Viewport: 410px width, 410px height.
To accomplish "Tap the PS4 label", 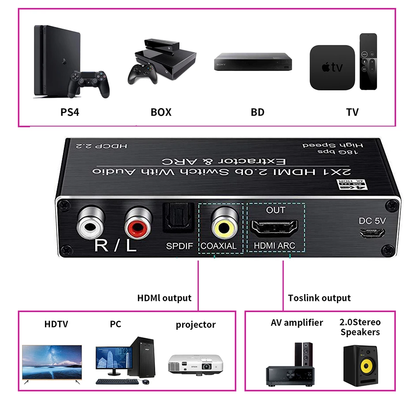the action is pyautogui.click(x=70, y=112).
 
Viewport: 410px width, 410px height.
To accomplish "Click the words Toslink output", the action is pyautogui.click(x=319, y=298).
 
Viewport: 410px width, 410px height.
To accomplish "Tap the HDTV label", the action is pyautogui.click(x=56, y=324).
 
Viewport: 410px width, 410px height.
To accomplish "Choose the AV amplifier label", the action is pyautogui.click(x=296, y=322).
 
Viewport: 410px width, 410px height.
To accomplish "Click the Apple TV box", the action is pyautogui.click(x=332, y=67).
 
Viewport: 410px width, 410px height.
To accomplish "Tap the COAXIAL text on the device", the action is pyautogui.click(x=219, y=246).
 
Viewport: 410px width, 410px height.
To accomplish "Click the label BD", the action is pyautogui.click(x=257, y=112).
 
